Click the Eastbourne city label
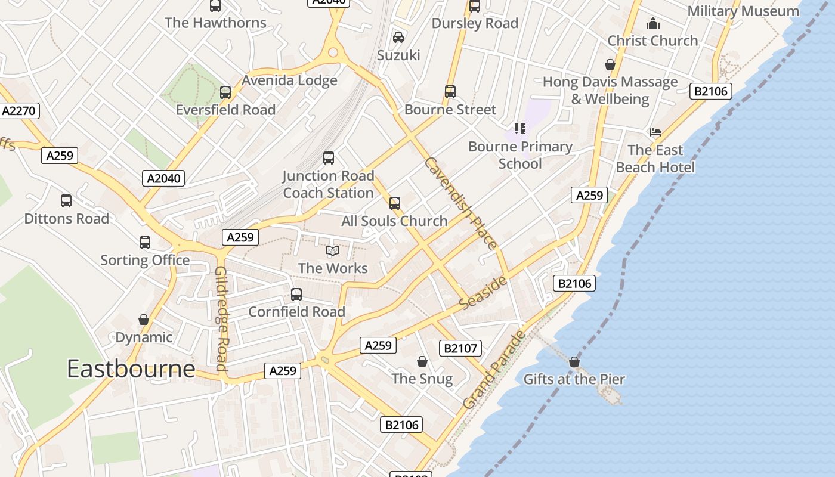[x=131, y=369]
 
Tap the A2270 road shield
[x=20, y=111]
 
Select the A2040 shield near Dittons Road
[x=163, y=178]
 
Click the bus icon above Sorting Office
[x=145, y=243]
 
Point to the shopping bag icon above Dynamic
[x=144, y=320]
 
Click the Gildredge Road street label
[x=221, y=318]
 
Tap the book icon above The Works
[x=333, y=251]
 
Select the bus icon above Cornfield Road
[x=296, y=295]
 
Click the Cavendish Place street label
[x=460, y=203]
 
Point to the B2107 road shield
[x=460, y=348]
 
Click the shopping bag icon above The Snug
[x=422, y=361]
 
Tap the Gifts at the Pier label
[x=574, y=379]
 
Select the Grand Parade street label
[x=494, y=370]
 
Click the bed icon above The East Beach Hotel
[x=655, y=132]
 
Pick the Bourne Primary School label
[x=520, y=155]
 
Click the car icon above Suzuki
[x=398, y=38]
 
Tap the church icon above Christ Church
[x=653, y=24]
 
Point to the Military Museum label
[x=743, y=11]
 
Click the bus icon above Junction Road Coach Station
[x=329, y=158]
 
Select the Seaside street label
[x=484, y=293]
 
